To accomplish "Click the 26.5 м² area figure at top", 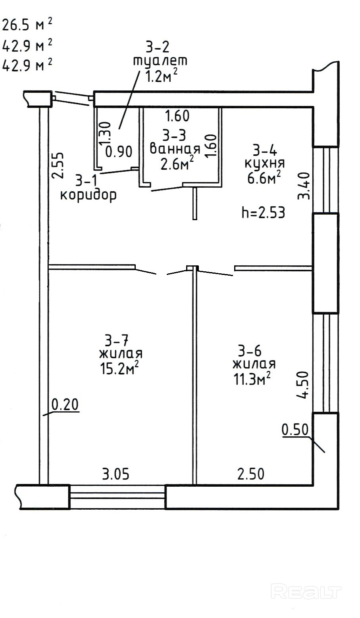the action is coord(27,25).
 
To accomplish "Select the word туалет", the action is coord(160,61).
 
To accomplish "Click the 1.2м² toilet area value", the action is coord(161,76).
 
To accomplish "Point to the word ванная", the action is coord(175,149).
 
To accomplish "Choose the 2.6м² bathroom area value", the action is coord(177,163).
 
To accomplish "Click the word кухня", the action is coord(264,163).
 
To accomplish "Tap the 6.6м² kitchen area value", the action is coord(264,178).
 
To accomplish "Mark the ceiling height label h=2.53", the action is coord(263,213).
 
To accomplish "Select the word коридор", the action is coord(88,195).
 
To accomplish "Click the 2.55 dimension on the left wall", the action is coord(58,165).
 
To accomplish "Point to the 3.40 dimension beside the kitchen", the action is coord(303,186).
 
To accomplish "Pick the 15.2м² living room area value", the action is coord(119,368).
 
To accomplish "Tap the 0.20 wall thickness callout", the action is coord(65,405).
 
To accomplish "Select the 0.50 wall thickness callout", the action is coord(295,430).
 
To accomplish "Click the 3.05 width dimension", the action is coord(116,474).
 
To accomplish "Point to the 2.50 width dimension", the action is coord(251,474).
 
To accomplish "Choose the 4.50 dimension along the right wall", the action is coord(302,385).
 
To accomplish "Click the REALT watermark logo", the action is coord(306,591).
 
